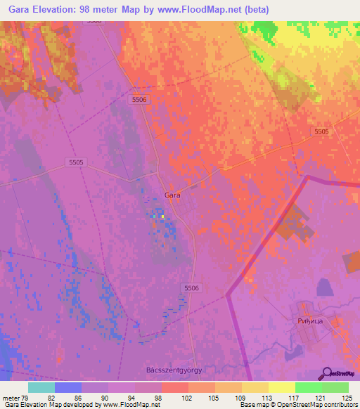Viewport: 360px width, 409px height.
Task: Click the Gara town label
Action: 172,195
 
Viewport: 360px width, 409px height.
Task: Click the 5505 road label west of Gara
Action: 76,162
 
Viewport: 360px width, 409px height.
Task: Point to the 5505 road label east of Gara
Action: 321,131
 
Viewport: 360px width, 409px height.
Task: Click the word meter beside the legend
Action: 11,397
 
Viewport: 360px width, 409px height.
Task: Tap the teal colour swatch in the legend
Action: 41,387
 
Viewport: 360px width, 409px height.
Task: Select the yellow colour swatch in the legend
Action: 281,387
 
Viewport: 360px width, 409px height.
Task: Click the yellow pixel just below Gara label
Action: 162,216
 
